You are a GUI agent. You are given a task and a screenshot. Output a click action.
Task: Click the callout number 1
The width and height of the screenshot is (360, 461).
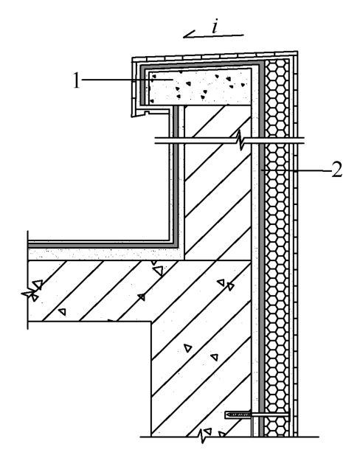point(77,80)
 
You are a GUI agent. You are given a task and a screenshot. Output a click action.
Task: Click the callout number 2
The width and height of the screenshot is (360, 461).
point(337,170)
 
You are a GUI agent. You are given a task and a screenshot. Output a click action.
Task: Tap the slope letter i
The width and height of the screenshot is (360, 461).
point(215,27)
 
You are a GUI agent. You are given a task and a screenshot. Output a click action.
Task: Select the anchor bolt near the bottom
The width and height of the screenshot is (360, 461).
point(257,415)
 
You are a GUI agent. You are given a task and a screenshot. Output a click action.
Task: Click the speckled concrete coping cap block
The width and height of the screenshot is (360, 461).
point(200,87)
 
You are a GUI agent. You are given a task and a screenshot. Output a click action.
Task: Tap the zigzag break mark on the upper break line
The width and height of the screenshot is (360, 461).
point(240,141)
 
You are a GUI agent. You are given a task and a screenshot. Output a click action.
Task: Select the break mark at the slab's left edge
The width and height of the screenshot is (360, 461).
point(30,294)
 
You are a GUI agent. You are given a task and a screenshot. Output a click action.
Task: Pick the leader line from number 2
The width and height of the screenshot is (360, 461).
point(296,170)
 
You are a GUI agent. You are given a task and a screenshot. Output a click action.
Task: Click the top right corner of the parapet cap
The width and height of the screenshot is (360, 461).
point(297,52)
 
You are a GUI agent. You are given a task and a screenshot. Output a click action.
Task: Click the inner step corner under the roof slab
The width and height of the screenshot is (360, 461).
point(151,322)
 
